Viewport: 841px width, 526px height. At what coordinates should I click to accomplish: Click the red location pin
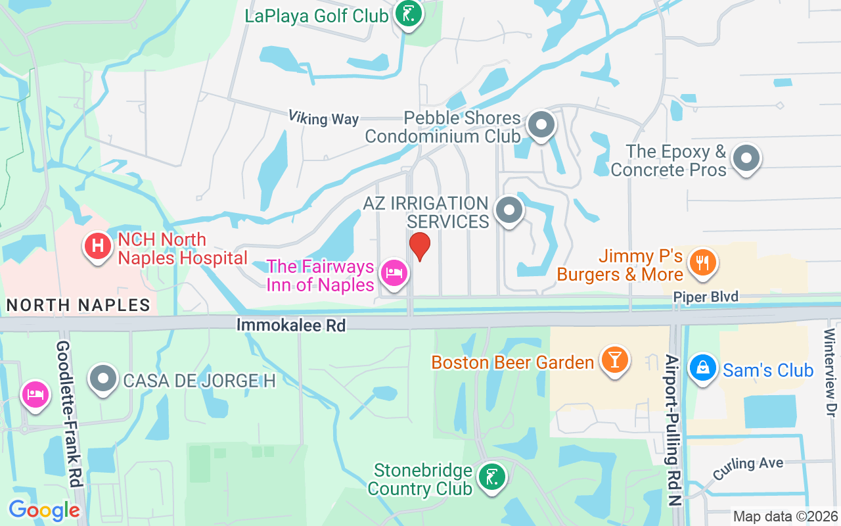click(x=419, y=246)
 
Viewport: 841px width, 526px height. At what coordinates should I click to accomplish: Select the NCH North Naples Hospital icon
click(x=97, y=247)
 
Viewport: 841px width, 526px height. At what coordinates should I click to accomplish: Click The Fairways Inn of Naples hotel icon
click(x=394, y=273)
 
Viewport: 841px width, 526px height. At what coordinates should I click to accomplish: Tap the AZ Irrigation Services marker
click(x=509, y=210)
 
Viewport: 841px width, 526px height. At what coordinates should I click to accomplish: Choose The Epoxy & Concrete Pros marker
click(x=746, y=158)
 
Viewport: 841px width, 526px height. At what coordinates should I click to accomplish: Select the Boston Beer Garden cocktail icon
click(x=615, y=360)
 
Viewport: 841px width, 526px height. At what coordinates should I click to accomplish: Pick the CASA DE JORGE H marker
click(x=103, y=379)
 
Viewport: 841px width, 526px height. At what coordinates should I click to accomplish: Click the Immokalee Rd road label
click(x=290, y=325)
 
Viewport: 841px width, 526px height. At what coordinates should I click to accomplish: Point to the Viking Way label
click(x=323, y=118)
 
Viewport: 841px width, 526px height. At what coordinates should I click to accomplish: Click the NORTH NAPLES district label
click(x=78, y=305)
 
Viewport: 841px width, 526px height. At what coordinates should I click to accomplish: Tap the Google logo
click(x=44, y=510)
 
